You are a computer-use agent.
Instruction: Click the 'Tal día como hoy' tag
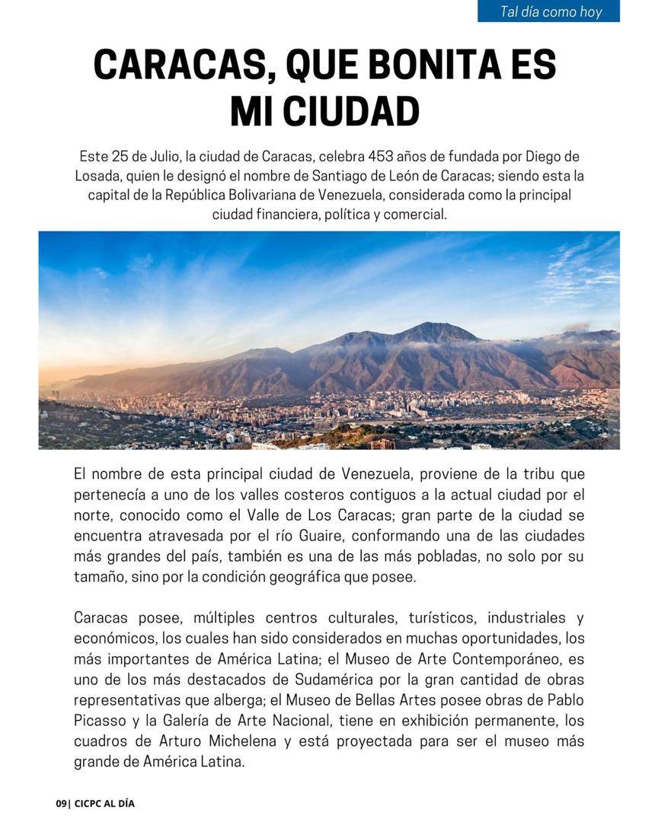coord(551,11)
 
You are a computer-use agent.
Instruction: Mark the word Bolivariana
coord(308,195)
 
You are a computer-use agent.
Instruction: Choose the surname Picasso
coord(101,720)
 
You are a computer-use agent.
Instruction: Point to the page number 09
coord(61,804)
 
